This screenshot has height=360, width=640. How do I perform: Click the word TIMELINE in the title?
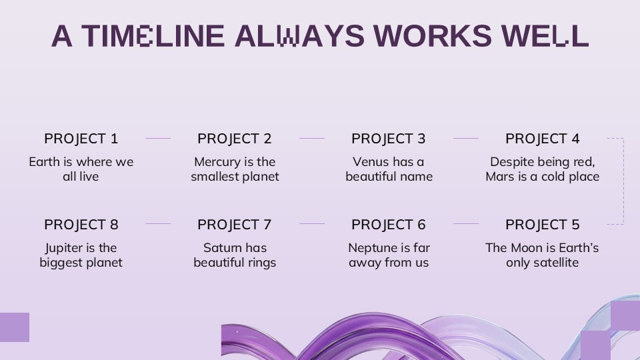(153, 36)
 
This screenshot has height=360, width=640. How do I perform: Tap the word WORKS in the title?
(433, 36)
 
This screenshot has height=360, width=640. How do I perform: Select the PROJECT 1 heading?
(81, 139)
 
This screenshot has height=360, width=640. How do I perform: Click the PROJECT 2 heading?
(234, 139)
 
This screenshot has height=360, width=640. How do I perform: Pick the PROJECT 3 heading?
(388, 139)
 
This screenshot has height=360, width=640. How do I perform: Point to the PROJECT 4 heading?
(543, 139)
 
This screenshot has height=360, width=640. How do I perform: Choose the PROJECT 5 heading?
(543, 225)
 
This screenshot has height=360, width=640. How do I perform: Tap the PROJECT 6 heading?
(388, 225)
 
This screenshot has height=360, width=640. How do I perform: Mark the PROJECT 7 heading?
(234, 225)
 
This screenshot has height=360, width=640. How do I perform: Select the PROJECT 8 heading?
(81, 225)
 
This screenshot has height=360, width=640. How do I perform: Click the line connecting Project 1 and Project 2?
(158, 139)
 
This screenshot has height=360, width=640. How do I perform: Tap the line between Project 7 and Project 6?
(312, 224)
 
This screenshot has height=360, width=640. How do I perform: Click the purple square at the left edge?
(14, 327)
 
